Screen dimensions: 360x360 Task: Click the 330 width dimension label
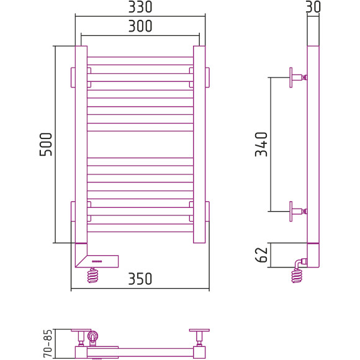[x=140, y=7]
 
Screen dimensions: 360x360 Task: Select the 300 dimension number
[x=140, y=26]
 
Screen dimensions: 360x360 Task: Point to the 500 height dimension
[x=46, y=145]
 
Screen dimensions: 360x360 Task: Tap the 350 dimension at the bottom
[x=140, y=279]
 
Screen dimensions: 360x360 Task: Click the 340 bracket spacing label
[x=261, y=145]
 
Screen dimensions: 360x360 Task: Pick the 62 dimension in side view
[x=261, y=255]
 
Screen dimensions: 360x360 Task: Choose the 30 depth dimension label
[x=313, y=7]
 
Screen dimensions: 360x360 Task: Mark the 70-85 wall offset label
[x=48, y=343]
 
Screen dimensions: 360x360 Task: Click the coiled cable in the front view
[x=92, y=276]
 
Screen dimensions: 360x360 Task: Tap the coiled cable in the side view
[x=297, y=276]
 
